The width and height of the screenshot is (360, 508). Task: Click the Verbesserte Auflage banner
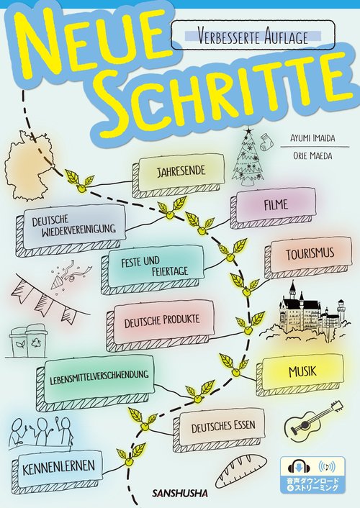pyautogui.click(x=253, y=35)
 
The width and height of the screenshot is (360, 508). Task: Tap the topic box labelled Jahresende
pyautogui.click(x=178, y=175)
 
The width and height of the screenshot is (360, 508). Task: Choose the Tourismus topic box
pyautogui.click(x=308, y=257)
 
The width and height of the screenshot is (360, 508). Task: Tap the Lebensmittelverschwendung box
pyautogui.click(x=95, y=381)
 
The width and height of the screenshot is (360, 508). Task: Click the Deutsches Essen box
pyautogui.click(x=219, y=430)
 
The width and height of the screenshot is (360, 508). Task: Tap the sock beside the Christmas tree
pyautogui.click(x=266, y=142)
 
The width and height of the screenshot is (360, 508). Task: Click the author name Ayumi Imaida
pyautogui.click(x=312, y=139)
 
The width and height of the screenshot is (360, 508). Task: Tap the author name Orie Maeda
pyautogui.click(x=312, y=156)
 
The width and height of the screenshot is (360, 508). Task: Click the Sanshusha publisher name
pyautogui.click(x=180, y=494)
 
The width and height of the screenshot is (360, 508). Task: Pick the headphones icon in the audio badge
pyautogui.click(x=299, y=467)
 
